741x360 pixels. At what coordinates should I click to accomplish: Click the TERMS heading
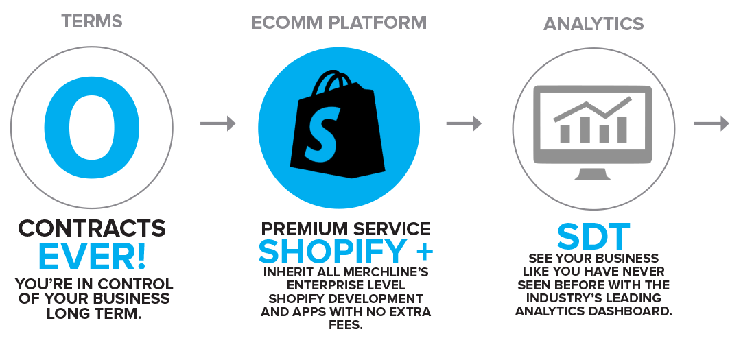point(92,21)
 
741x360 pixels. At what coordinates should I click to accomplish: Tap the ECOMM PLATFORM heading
point(339,23)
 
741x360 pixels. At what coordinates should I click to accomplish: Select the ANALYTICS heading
point(593,23)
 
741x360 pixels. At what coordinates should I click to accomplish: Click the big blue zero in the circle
point(92,128)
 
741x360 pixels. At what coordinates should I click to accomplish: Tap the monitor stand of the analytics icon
point(592,173)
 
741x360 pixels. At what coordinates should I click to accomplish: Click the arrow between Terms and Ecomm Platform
point(218,123)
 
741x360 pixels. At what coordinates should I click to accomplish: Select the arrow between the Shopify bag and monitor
point(464,123)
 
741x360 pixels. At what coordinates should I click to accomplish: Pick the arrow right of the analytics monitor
point(711,123)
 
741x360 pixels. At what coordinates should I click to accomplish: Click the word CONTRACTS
point(92,228)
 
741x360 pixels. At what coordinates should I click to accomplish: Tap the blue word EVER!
point(92,256)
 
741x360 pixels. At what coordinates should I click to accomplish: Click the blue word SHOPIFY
point(333,252)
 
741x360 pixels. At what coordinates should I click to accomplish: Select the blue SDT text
point(593,237)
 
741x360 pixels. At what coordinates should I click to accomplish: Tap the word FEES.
point(346,326)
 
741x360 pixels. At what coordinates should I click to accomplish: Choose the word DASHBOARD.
point(633,311)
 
